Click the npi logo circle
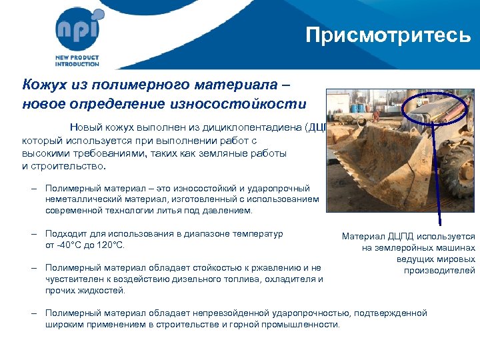[79, 29]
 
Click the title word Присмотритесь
[388, 35]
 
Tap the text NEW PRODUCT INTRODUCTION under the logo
[77, 61]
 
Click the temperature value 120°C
[110, 245]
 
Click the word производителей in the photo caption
[439, 270]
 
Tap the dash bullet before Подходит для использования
[34, 234]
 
